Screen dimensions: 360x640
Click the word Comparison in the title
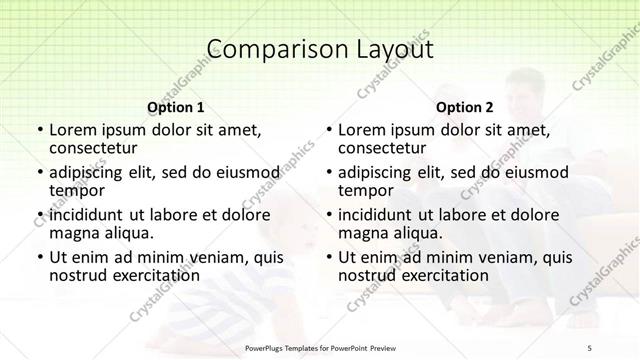pyautogui.click(x=265, y=49)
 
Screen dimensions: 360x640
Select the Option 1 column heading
pyautogui.click(x=176, y=106)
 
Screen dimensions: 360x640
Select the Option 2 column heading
pyautogui.click(x=465, y=106)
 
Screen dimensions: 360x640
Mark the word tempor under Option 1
pyautogui.click(x=76, y=190)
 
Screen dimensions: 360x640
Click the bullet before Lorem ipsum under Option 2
pyautogui.click(x=328, y=131)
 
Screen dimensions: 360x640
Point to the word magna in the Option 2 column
pyautogui.click(x=362, y=233)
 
